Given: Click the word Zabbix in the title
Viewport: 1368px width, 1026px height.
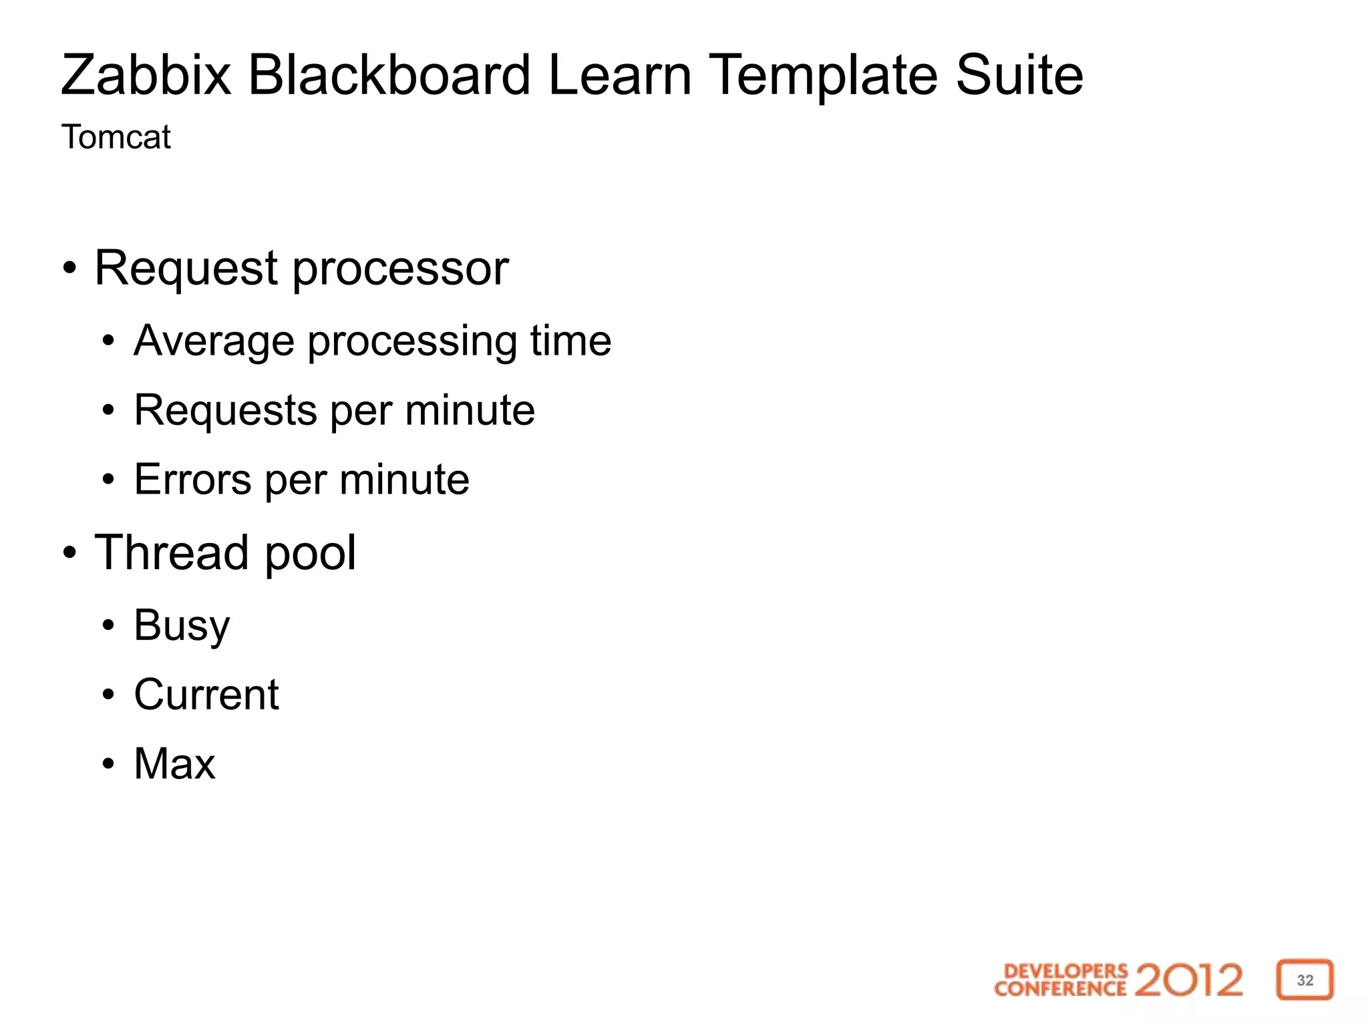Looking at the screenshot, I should pyautogui.click(x=146, y=75).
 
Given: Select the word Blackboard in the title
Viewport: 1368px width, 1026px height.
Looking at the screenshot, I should pyautogui.click(x=389, y=75).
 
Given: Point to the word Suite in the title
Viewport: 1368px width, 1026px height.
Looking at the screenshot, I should pyautogui.click(x=1019, y=75).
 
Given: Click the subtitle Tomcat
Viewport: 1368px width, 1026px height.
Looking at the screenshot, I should pyautogui.click(x=116, y=138).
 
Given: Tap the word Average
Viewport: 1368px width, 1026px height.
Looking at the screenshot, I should pyautogui.click(x=214, y=341).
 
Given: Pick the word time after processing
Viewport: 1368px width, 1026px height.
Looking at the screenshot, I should pyautogui.click(x=570, y=341).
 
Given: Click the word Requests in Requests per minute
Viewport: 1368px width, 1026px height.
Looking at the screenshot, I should pyautogui.click(x=225, y=410).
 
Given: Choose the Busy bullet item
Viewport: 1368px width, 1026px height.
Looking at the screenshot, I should pyautogui.click(x=182, y=626).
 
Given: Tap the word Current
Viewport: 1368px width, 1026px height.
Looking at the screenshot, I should pyautogui.click(x=206, y=695).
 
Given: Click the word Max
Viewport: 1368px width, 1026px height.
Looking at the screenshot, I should pyautogui.click(x=175, y=763).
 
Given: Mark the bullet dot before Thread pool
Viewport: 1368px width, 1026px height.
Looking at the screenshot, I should pyautogui.click(x=70, y=553).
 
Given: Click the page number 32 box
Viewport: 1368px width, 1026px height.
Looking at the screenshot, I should pyautogui.click(x=1305, y=980).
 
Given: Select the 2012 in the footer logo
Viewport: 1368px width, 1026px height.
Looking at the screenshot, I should pyautogui.click(x=1188, y=980).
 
